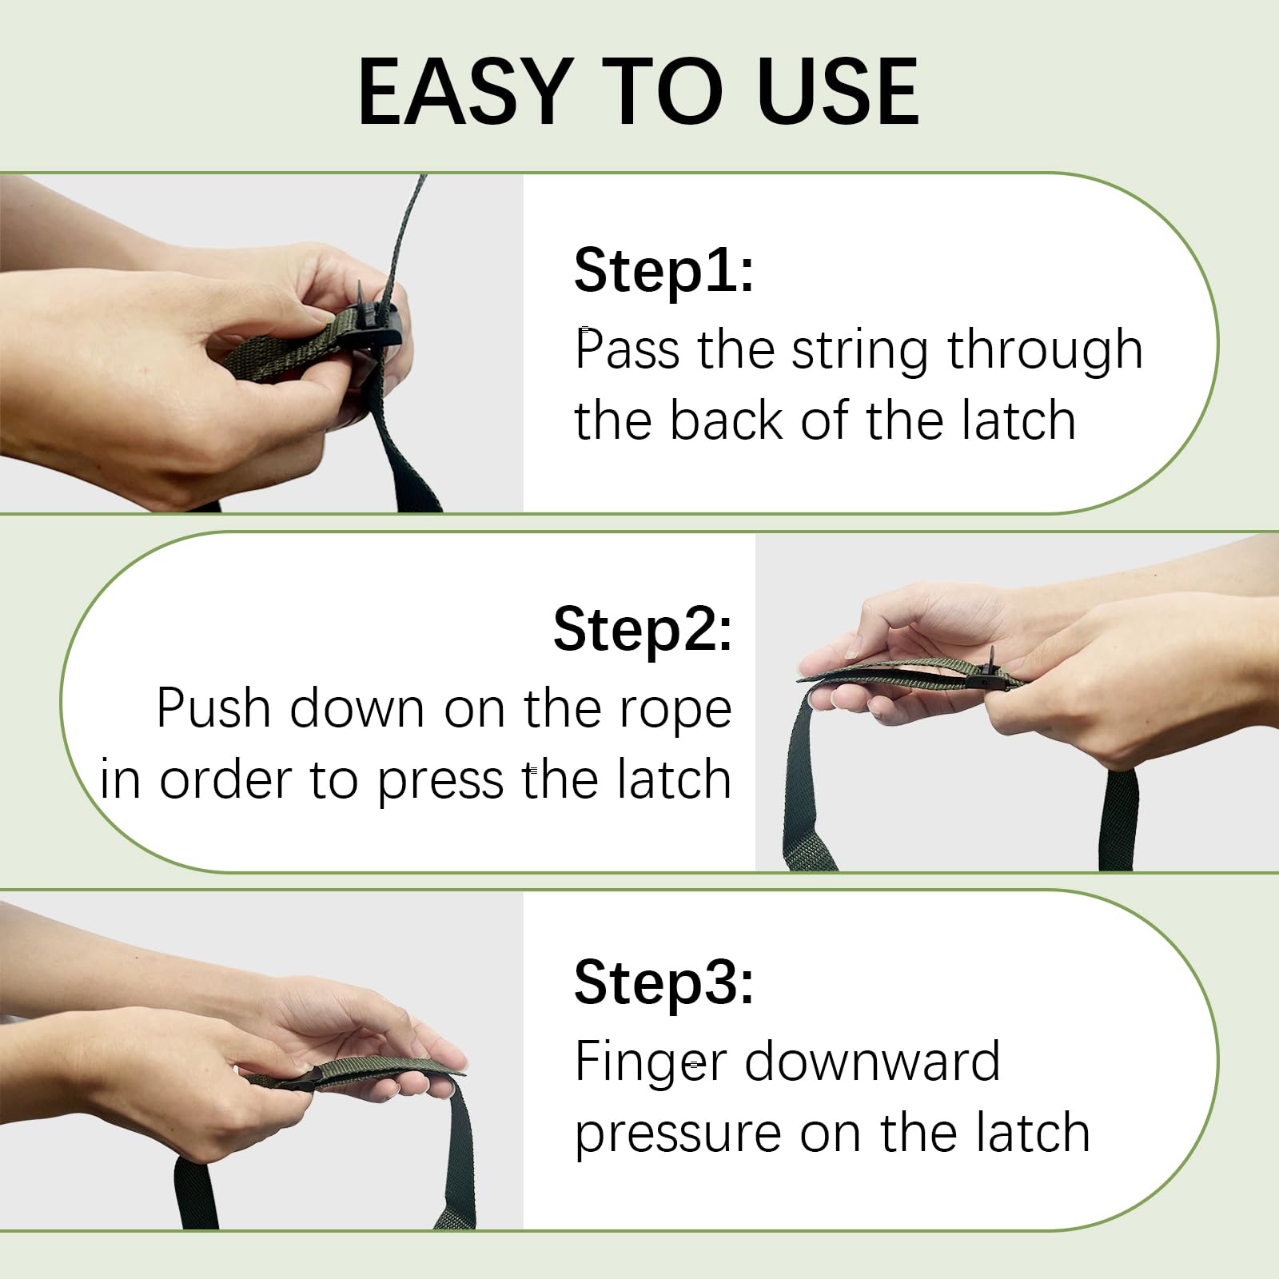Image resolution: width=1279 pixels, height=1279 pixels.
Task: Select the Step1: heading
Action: pyautogui.click(x=663, y=270)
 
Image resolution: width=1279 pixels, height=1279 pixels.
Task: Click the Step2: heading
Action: pyautogui.click(x=643, y=629)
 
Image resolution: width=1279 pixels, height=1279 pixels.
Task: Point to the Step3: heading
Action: pyautogui.click(x=663, y=982)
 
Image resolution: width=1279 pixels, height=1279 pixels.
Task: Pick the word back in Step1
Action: pyautogui.click(x=726, y=420)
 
